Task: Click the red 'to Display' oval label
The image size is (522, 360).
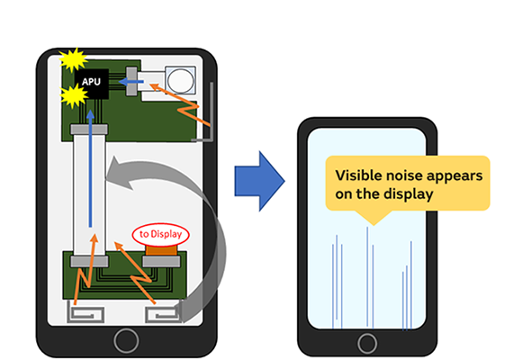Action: point(158,235)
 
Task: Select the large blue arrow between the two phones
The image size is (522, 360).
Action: point(258,179)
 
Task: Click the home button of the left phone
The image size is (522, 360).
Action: point(126,340)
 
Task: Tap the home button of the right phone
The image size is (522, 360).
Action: point(366,343)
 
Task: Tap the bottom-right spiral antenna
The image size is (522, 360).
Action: point(162,313)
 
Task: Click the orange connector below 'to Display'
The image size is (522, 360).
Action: point(159,255)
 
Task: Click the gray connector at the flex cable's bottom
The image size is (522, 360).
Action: point(89,260)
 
